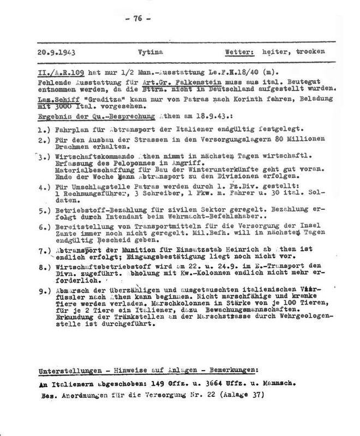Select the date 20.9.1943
pyautogui.click(x=59, y=52)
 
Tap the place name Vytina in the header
pyautogui.click(x=157, y=52)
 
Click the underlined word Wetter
pyautogui.click(x=242, y=52)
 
